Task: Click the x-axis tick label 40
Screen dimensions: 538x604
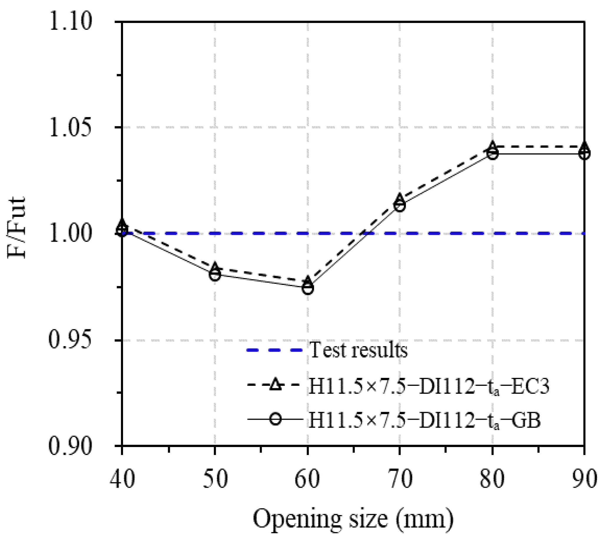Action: (x=122, y=479)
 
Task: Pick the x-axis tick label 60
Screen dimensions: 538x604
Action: (x=308, y=479)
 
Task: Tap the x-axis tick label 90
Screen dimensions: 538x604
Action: (x=584, y=479)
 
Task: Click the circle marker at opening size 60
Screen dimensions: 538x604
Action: (x=308, y=288)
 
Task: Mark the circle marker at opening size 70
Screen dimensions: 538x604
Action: (x=400, y=206)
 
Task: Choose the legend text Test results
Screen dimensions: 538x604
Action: (x=359, y=350)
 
